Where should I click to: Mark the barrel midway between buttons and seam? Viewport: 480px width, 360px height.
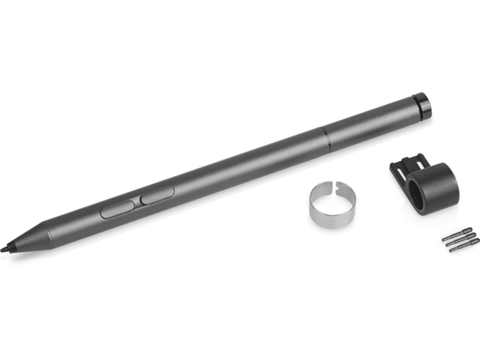coord(240,164)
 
